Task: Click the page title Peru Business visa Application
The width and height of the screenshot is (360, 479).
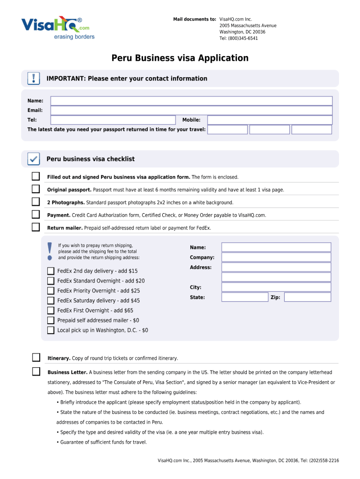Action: (x=180, y=58)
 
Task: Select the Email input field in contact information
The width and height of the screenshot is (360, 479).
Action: (x=191, y=110)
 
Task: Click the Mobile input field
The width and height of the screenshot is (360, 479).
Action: (x=270, y=120)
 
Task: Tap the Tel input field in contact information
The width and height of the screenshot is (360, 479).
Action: (x=112, y=120)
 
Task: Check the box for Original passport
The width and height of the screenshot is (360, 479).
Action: (x=36, y=189)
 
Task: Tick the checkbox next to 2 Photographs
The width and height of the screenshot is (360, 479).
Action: (x=36, y=202)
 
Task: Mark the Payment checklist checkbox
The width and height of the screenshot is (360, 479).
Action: (x=36, y=214)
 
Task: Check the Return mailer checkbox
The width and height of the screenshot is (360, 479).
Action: (x=36, y=227)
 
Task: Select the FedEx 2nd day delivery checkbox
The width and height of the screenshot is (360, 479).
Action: (x=50, y=271)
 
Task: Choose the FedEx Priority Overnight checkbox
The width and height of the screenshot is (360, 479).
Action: (x=50, y=290)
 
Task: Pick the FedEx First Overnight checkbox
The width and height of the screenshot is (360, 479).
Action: (x=50, y=310)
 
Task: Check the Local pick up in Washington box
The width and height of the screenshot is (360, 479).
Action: (x=50, y=330)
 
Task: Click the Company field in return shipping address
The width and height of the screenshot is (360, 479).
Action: (x=276, y=257)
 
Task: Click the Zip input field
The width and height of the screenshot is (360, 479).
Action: (x=307, y=297)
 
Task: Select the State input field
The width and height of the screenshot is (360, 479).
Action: (x=245, y=297)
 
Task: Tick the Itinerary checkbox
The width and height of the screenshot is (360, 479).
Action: (x=36, y=358)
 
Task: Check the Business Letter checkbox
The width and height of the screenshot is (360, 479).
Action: (x=36, y=372)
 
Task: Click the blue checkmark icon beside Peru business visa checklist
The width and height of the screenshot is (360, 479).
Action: (x=34, y=159)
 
